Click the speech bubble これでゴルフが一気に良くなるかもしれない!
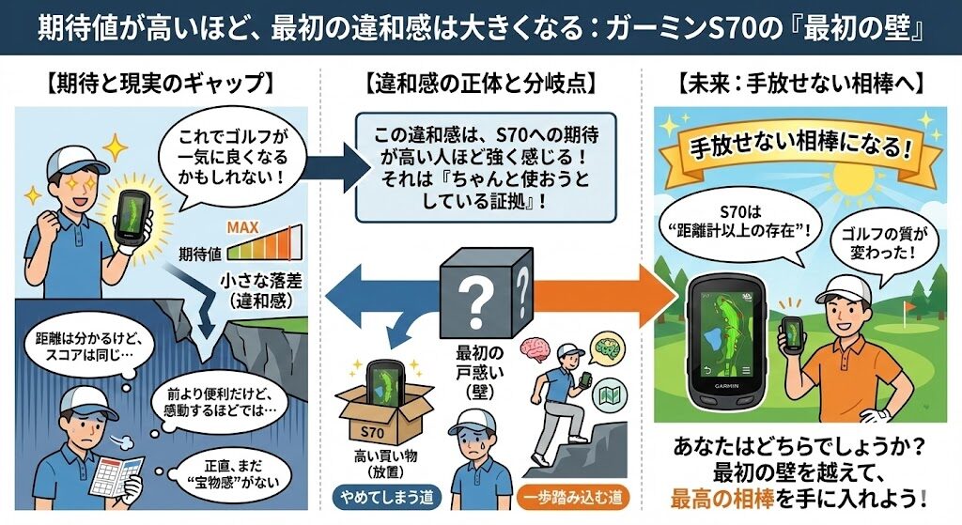(228, 159)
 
